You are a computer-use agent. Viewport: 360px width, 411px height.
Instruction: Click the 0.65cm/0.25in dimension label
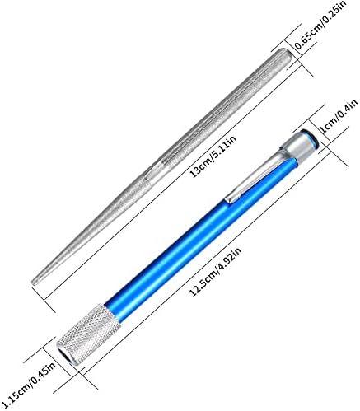tap(320, 26)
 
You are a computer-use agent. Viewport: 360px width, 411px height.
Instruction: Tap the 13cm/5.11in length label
tap(213, 156)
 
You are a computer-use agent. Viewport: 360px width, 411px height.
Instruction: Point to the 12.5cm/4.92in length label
tap(215, 272)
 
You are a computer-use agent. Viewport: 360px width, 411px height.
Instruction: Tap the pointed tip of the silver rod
tap(32, 283)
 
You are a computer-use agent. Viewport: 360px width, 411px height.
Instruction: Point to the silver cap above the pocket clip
tap(299, 147)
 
